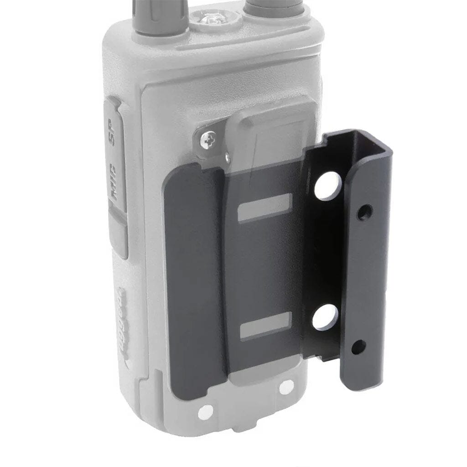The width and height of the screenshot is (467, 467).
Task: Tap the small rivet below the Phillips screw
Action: pos(227,158)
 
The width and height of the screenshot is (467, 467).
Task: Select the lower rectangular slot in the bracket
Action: pos(265,326)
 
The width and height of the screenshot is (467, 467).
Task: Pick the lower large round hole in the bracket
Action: pos(325,317)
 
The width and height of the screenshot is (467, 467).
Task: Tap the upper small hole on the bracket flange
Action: pos(364,213)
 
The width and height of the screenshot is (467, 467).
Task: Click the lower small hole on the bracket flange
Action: pos(358,348)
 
